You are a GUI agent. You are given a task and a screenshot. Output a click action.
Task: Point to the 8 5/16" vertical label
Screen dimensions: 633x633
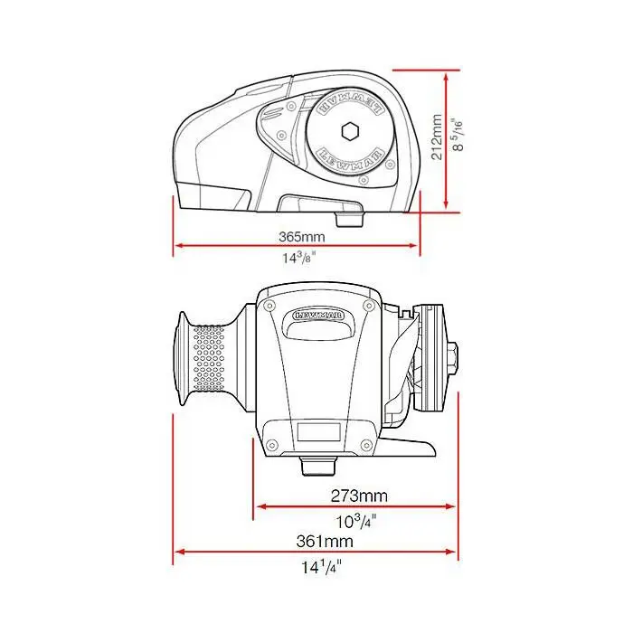coord(459,135)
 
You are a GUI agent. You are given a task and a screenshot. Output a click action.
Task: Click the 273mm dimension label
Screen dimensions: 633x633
coord(358,496)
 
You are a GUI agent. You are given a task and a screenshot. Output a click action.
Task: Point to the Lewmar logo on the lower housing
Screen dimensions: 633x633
coord(318,316)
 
